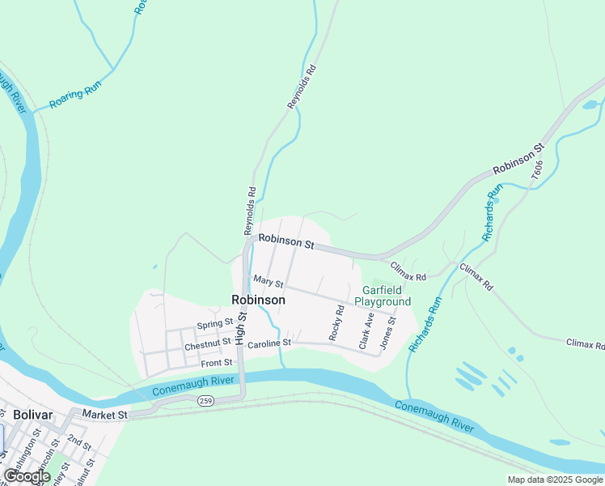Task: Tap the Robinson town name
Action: pos(258,300)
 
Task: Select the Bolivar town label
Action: pos(32,414)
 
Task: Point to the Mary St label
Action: pos(268,282)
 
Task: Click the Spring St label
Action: pos(214,326)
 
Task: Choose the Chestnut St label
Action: pos(208,346)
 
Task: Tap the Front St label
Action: pos(217,362)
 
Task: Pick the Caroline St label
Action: pos(269,344)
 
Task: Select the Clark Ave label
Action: pos(366,330)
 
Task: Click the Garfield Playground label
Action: pos(386,296)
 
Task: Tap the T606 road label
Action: pos(537,169)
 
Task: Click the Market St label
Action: pos(109,415)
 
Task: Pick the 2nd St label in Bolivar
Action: pos(79,441)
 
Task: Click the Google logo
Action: pos(27,476)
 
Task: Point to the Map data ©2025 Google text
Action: pos(556,480)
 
